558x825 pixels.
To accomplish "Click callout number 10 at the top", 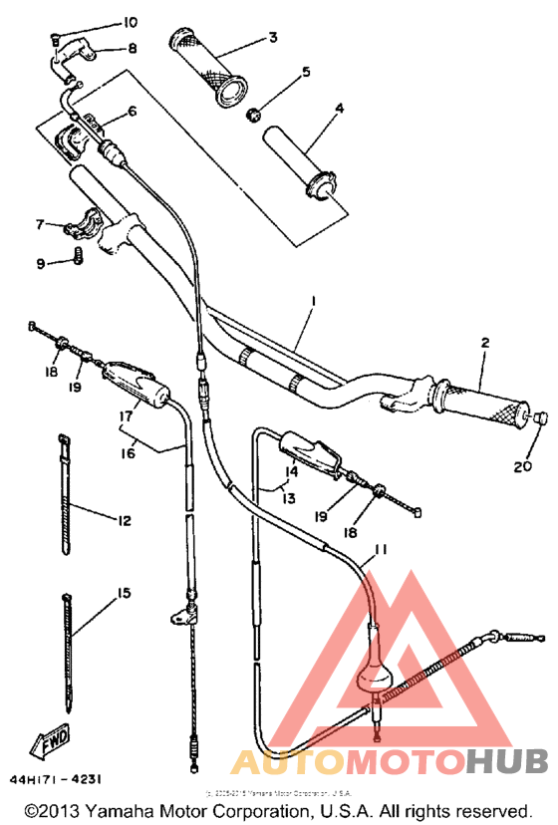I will coord(132,22).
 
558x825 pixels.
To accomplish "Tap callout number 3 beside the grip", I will coord(273,39).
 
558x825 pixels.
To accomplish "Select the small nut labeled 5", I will coord(254,113).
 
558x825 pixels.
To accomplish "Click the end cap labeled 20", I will coord(542,418).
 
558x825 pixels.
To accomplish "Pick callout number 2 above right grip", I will coord(485,344).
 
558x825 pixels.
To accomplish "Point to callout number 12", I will coord(125,519).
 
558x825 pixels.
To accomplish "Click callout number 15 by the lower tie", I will coord(124,594).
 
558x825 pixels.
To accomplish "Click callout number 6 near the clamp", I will coord(132,111).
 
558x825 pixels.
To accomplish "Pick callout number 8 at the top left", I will coord(132,47).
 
